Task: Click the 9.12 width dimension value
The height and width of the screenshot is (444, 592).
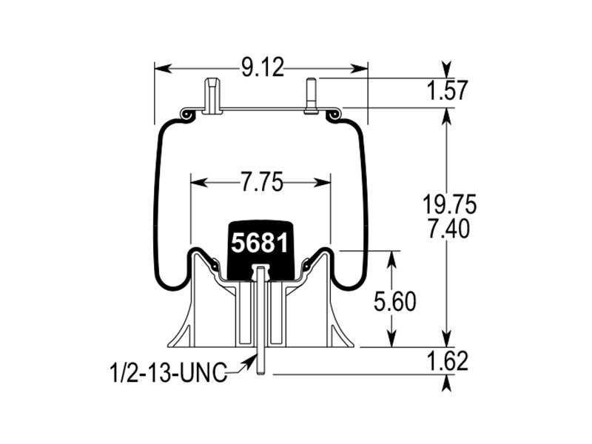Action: pyautogui.click(x=263, y=68)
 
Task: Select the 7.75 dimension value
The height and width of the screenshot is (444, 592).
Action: pyautogui.click(x=262, y=183)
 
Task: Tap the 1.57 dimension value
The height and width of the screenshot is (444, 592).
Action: pyautogui.click(x=448, y=90)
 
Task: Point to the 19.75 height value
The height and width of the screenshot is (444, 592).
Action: pyautogui.click(x=449, y=205)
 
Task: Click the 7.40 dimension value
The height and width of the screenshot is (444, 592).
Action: pyautogui.click(x=449, y=229)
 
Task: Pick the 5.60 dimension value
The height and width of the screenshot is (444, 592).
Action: pyautogui.click(x=395, y=302)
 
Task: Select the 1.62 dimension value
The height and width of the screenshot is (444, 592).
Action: pyautogui.click(x=448, y=361)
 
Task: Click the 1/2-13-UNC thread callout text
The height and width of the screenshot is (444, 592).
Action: pyautogui.click(x=169, y=372)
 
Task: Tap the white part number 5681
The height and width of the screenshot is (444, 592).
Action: pyautogui.click(x=260, y=243)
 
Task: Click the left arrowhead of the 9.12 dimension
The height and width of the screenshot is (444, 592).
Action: pyautogui.click(x=161, y=68)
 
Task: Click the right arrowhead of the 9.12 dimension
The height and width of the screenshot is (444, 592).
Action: pyautogui.click(x=360, y=68)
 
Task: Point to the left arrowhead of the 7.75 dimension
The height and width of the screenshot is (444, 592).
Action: pyautogui.click(x=198, y=183)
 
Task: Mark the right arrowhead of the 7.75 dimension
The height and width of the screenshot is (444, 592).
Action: pyautogui.click(x=323, y=183)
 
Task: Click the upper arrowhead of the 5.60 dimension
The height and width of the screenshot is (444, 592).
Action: pyautogui.click(x=392, y=259)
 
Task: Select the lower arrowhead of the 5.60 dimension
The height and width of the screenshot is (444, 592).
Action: pyautogui.click(x=392, y=339)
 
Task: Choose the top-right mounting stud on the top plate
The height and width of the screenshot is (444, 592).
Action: pyautogui.click(x=311, y=95)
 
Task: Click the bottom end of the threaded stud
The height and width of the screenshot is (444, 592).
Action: pyautogui.click(x=260, y=374)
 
